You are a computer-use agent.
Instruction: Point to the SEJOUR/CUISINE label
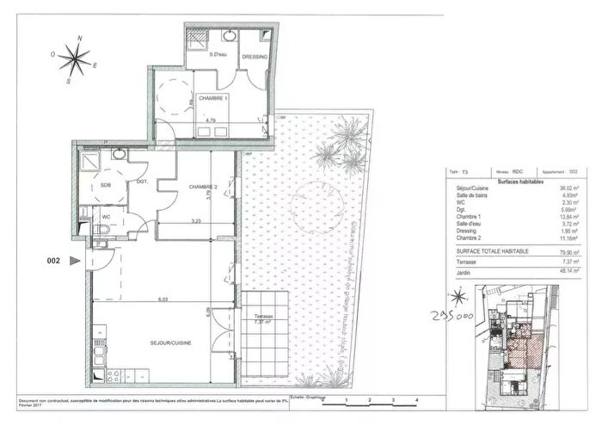click(170, 343)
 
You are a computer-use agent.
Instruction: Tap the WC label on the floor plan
click(107, 217)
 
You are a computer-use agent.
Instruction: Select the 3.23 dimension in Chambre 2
click(195, 221)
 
